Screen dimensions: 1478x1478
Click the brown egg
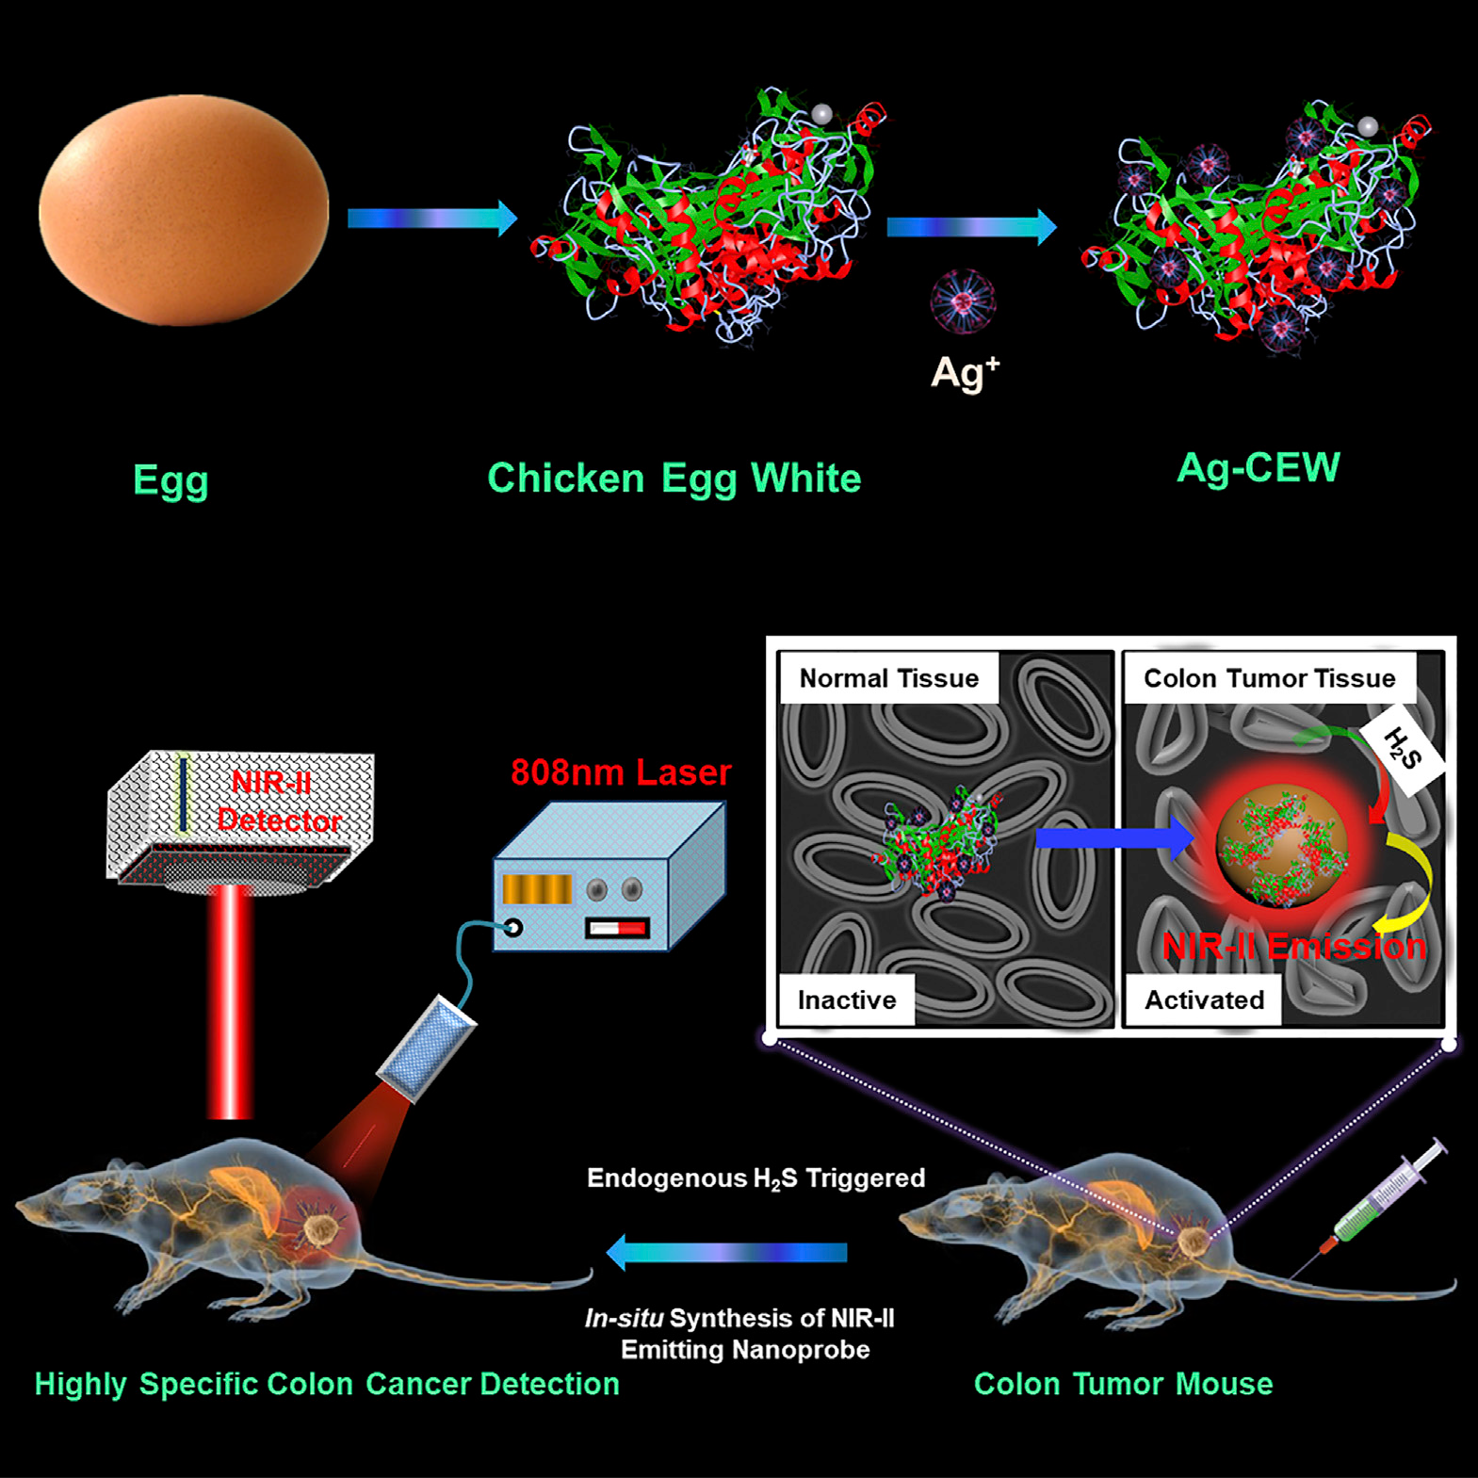pos(184,210)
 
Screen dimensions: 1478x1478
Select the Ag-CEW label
pos(1258,468)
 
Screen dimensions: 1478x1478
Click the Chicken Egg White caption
pos(674,479)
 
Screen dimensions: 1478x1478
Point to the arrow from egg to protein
pos(431,219)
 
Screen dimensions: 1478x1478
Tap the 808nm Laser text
pos(621,772)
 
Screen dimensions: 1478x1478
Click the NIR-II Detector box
pos(241,816)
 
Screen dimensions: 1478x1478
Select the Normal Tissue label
pos(888,678)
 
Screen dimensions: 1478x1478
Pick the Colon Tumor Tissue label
pos(1269,678)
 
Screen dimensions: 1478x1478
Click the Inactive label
pos(846,1000)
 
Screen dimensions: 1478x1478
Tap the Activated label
pos(1204,1000)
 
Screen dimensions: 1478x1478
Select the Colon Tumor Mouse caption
pos(1123,1384)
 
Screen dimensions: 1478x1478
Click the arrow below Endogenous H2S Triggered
pos(727,1253)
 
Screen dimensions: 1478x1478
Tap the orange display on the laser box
pos(537,889)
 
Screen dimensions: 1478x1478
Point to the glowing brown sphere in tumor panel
pos(1281,845)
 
